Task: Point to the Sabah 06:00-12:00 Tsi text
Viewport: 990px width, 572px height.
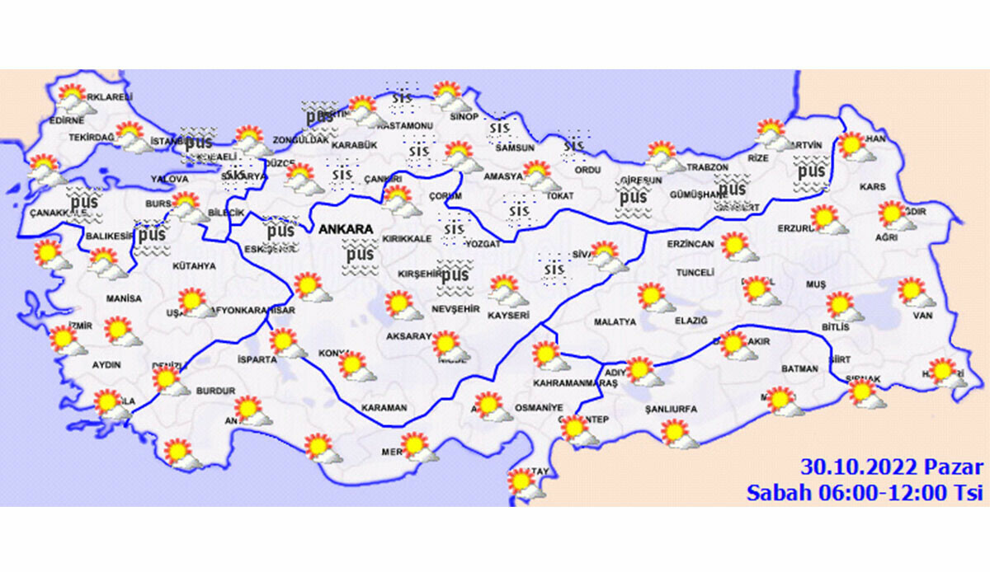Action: pyautogui.click(x=865, y=493)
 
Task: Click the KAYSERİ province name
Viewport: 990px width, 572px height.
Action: pyautogui.click(x=508, y=315)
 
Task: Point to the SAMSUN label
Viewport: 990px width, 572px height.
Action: pyautogui.click(x=515, y=148)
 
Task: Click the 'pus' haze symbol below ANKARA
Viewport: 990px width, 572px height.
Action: pyautogui.click(x=360, y=256)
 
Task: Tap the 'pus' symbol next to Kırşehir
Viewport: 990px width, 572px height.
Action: pyautogui.click(x=454, y=274)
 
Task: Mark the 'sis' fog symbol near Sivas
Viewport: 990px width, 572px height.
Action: pyautogui.click(x=554, y=269)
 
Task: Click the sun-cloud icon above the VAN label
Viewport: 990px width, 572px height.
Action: pyautogui.click(x=912, y=292)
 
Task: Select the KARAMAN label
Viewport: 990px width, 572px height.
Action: pyautogui.click(x=384, y=408)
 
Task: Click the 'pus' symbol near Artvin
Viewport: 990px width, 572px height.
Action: pyautogui.click(x=811, y=172)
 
